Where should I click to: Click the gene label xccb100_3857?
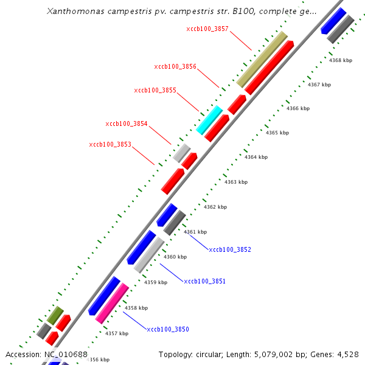coord(207,29)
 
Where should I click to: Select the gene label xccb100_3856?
coord(175,66)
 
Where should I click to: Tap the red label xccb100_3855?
coord(155,90)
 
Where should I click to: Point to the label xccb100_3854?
coord(127,123)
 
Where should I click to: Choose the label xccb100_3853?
coord(110,144)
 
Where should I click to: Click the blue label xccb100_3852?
coord(230,249)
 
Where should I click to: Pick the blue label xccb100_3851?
coord(205,281)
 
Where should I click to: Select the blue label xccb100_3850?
coord(168,329)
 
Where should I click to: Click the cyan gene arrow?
coord(209,119)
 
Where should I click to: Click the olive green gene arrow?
coord(55,315)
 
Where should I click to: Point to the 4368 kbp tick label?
coord(340,60)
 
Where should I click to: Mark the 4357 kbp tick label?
coord(117,333)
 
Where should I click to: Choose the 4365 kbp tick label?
coord(277,133)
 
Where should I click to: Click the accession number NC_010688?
coord(66,354)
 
